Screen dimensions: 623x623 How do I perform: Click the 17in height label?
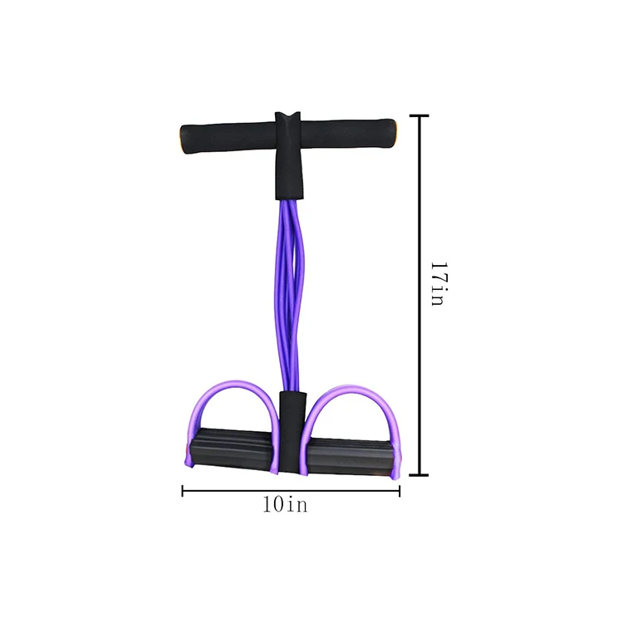437,284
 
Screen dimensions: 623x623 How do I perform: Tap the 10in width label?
285,504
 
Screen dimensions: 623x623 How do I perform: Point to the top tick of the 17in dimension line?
418,116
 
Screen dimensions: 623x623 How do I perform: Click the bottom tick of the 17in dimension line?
418,476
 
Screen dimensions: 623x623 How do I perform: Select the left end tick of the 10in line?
183,491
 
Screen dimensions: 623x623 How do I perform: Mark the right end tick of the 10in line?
400,491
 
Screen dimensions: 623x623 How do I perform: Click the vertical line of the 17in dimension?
418,208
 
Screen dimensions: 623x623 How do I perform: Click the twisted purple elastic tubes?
287,291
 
